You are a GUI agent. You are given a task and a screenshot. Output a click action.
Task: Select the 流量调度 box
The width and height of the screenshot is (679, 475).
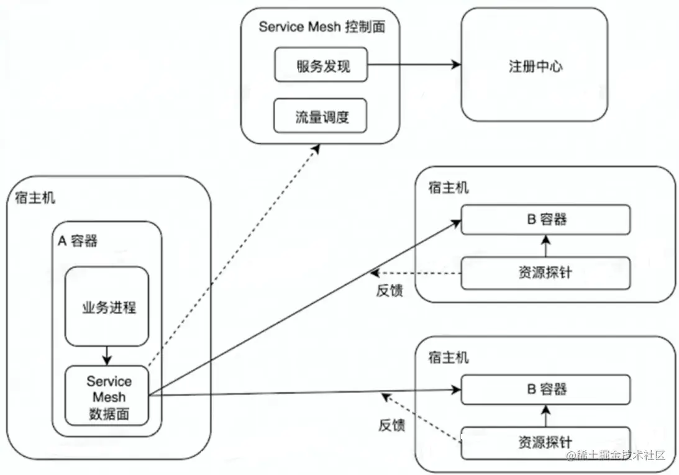click(x=321, y=115)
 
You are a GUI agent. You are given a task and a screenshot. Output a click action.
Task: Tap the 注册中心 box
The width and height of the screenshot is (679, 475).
click(x=534, y=66)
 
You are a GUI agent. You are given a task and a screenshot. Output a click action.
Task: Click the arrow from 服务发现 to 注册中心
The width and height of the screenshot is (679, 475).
click(x=413, y=65)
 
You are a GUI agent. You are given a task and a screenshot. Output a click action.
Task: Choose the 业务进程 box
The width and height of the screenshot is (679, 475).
click(x=107, y=307)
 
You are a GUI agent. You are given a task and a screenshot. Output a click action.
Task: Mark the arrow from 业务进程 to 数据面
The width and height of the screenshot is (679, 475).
click(x=107, y=356)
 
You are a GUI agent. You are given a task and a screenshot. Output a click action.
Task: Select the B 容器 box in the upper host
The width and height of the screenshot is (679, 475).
click(x=545, y=220)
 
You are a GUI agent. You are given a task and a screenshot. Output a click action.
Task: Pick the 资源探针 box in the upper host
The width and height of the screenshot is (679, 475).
click(x=545, y=273)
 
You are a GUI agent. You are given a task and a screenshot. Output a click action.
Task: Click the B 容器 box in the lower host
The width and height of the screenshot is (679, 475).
click(x=545, y=390)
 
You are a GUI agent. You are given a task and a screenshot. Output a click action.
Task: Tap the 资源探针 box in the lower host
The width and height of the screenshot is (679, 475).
click(x=545, y=442)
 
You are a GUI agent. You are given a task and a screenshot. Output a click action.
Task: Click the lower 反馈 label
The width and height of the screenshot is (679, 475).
click(x=392, y=425)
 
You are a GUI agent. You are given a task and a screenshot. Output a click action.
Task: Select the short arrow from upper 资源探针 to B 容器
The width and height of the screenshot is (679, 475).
click(x=546, y=245)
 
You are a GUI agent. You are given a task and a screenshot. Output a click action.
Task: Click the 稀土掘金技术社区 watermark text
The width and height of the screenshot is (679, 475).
click(x=615, y=455)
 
